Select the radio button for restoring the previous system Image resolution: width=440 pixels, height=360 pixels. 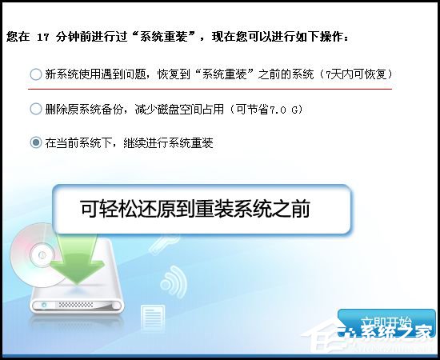pos(35,74)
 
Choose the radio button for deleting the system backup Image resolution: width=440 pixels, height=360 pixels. pos(35,108)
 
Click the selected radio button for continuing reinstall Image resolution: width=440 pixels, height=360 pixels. pos(35,142)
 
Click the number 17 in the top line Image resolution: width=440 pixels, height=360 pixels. pos(45,37)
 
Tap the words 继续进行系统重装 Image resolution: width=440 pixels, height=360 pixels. pos(168,142)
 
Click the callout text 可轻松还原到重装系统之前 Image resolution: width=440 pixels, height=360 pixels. pos(195,210)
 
